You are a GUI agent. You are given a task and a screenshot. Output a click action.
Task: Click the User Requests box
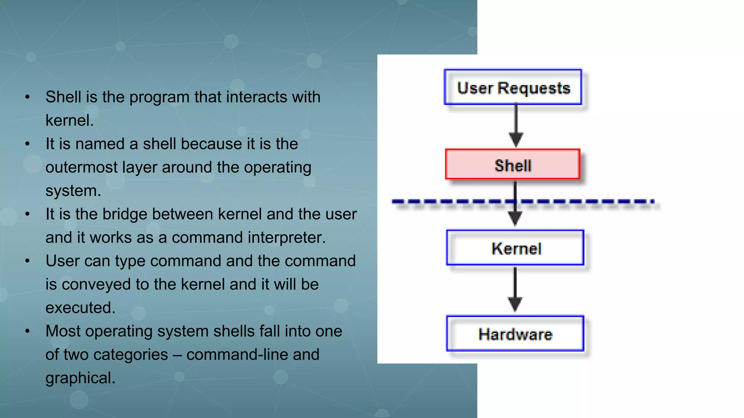pos(513,87)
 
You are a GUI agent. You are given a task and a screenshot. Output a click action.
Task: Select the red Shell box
pos(513,164)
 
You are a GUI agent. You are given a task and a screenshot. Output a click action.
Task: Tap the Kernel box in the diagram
pos(515,248)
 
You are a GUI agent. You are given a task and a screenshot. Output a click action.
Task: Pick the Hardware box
pos(515,333)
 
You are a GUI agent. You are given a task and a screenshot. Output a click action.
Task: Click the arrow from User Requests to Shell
pos(516,125)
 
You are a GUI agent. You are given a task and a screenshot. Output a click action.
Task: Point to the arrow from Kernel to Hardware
pos(515,288)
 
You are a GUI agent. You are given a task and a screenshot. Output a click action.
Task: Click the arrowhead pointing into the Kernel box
pos(515,218)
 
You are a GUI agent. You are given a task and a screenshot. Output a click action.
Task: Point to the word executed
pos(80,308)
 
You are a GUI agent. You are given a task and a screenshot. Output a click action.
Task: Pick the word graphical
pos(80,378)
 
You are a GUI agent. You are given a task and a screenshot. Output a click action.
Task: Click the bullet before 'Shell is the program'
pos(27,97)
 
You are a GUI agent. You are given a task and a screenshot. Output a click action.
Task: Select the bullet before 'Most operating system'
pos(27,331)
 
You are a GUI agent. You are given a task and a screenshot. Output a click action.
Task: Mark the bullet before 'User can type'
pos(27,261)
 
